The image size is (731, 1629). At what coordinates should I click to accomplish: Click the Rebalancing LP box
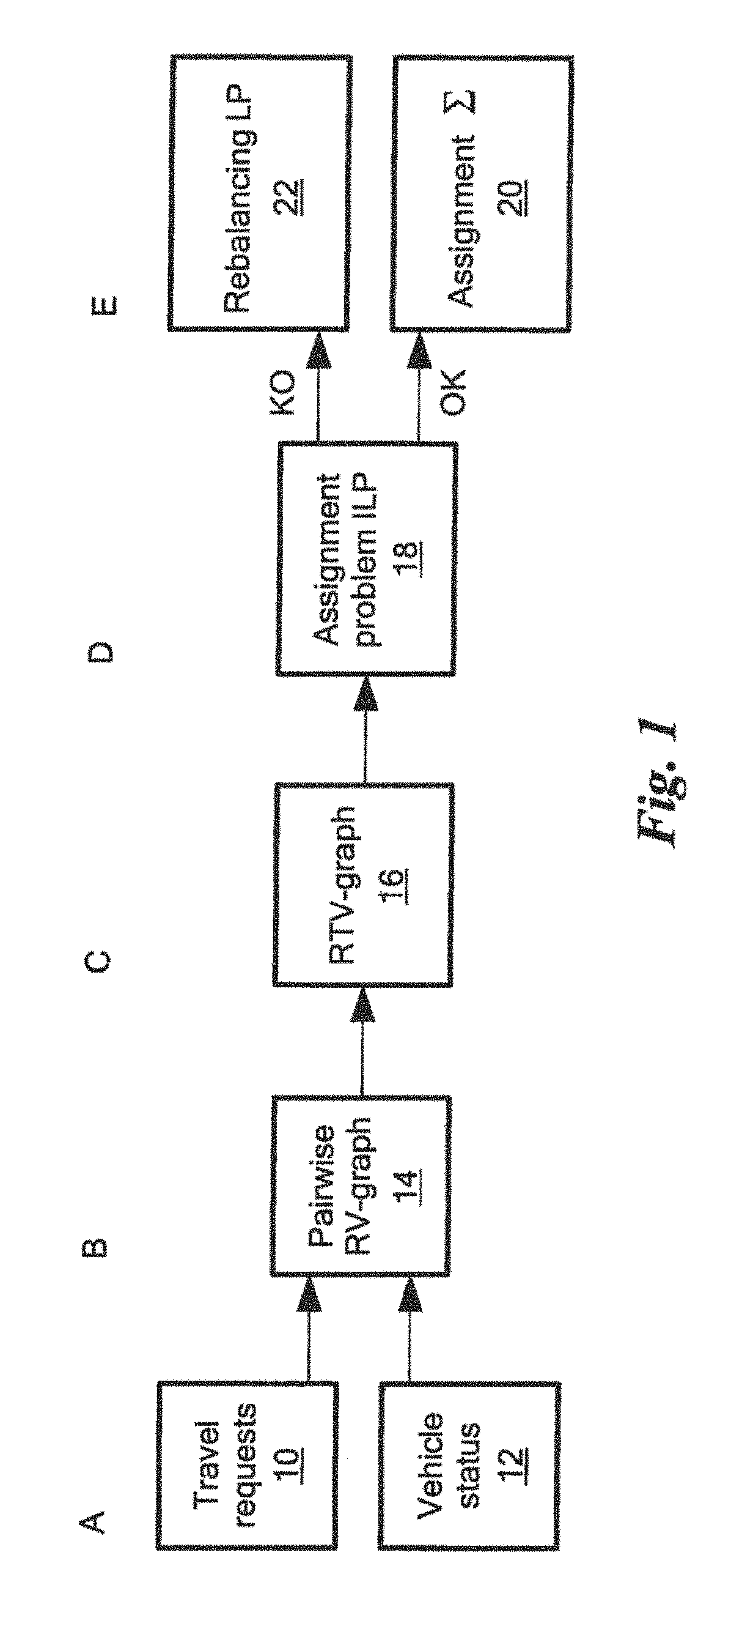(258, 193)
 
